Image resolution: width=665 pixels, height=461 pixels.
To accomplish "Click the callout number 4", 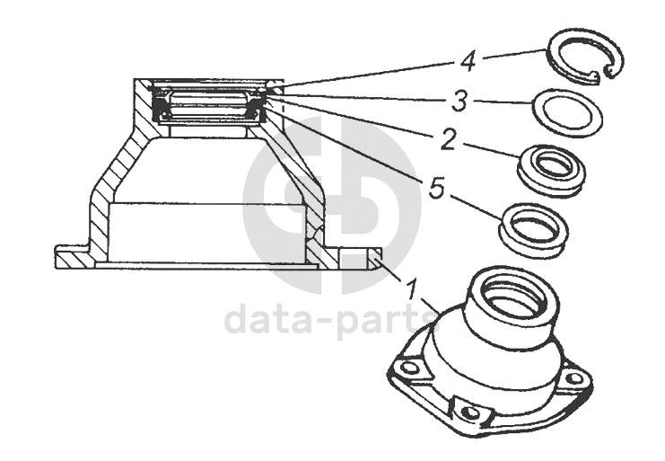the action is [468, 61].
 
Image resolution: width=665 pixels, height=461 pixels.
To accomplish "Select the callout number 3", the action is [459, 102].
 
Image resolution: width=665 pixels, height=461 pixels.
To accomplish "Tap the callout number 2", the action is [448, 139].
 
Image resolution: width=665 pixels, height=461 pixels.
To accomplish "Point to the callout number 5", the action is [436, 188].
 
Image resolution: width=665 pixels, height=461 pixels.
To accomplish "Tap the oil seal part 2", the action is [552, 171].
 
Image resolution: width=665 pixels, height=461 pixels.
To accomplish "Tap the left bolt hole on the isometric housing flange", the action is [409, 367].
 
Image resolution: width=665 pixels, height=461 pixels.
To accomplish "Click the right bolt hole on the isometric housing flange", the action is [573, 377].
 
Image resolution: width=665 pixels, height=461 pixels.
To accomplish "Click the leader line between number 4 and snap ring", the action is [513, 55].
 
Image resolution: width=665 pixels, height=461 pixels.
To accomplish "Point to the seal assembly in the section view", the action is [208, 105].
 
